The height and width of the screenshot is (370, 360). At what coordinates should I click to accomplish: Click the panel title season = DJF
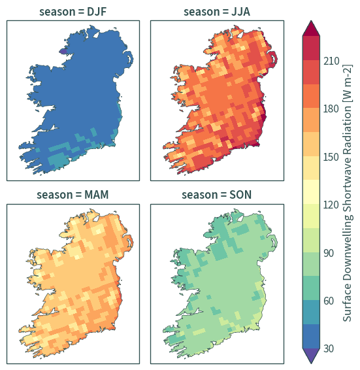coord(73,12)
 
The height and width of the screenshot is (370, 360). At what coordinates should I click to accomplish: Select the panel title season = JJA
coord(217,12)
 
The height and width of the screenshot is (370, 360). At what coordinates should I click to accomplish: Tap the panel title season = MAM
coord(73,195)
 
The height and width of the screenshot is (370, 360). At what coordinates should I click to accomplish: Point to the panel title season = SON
coord(216,195)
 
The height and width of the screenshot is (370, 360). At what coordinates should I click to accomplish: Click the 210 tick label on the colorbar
coord(331,61)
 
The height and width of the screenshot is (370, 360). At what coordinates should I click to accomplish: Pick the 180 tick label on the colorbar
coord(331,109)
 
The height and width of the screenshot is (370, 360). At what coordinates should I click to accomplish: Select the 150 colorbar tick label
coord(331,157)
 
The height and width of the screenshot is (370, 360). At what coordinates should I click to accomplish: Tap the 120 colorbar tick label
coord(331,205)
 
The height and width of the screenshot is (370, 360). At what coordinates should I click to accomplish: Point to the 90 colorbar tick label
coord(329,253)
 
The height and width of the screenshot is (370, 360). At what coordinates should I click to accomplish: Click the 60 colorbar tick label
coord(329,301)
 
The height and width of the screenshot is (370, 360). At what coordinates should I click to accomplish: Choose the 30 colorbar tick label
coord(329,348)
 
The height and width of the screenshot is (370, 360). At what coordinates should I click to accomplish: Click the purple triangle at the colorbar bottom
coord(311,356)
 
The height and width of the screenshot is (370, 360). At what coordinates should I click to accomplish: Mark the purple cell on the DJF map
coord(63,51)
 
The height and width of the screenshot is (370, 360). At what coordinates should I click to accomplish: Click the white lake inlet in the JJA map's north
coord(240,35)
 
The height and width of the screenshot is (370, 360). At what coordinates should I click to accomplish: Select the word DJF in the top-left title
coord(97,12)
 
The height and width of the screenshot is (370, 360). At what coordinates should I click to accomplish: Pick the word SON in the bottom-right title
coord(240,195)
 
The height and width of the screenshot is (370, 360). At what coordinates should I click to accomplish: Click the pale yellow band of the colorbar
coord(311,192)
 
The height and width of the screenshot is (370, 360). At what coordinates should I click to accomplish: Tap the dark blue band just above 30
coord(311,336)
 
